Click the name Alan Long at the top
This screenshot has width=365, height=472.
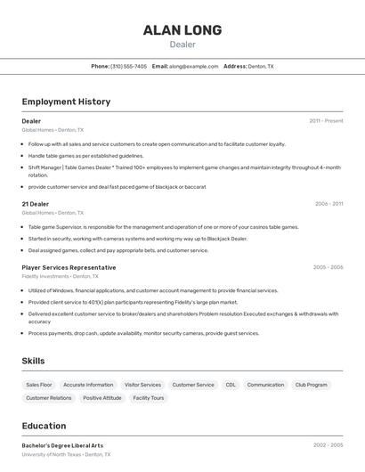pos(182,30)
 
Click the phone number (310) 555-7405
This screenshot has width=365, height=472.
pos(129,66)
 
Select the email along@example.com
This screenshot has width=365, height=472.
pos(194,66)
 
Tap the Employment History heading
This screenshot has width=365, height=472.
pos(66,102)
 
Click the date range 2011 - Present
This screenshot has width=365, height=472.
pos(326,120)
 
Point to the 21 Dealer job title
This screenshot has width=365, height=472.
pos(35,203)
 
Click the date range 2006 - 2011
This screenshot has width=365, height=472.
pos(328,203)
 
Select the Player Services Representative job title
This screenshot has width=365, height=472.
pos(69,267)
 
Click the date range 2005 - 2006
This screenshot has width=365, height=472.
pos(328,267)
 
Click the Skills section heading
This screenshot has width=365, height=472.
pos(34,361)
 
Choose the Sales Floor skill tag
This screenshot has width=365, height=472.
pos(39,385)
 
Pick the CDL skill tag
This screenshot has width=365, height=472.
pos(231,385)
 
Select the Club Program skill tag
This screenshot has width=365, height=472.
pos(311,385)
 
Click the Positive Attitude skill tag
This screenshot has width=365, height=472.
pos(102,398)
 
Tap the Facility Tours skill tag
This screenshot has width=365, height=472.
pos(149,398)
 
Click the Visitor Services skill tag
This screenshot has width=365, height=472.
pos(142,385)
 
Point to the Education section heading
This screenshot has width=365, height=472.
pos(44,426)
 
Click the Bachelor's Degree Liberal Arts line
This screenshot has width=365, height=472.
pos(62,445)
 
